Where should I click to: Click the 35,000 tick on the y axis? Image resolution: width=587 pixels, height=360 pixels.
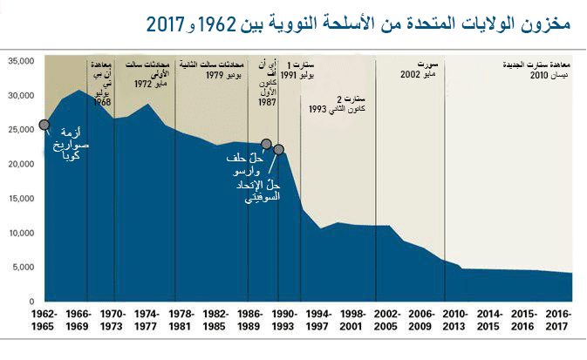(x=19, y=61)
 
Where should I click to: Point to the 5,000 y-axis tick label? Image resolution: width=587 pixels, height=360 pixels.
(x=22, y=267)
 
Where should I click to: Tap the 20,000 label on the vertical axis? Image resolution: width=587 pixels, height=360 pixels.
(x=19, y=164)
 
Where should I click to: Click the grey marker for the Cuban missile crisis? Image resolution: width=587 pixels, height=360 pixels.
(x=45, y=126)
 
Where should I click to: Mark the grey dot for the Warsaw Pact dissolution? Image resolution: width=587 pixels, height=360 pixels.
(x=266, y=145)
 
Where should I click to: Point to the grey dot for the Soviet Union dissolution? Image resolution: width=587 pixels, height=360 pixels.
(x=279, y=150)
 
